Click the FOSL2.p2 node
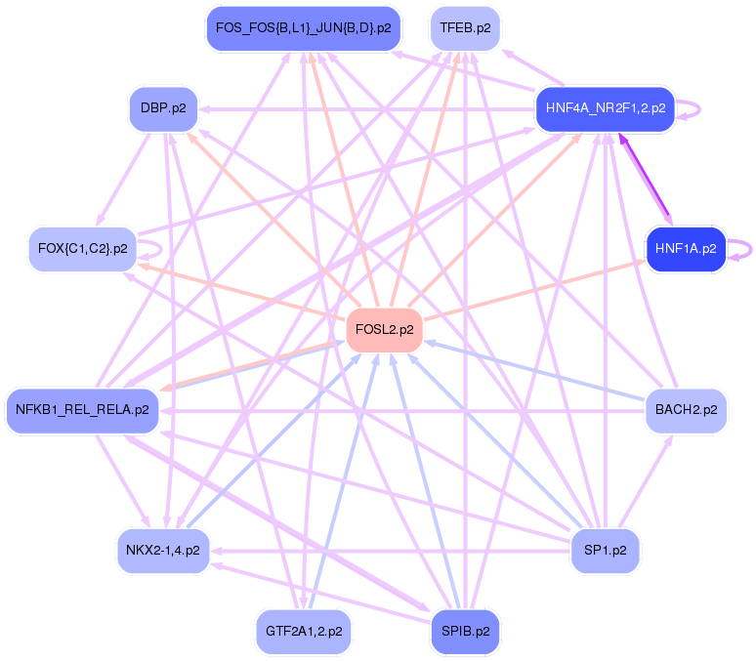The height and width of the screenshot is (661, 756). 385,330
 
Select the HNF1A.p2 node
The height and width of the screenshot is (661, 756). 686,249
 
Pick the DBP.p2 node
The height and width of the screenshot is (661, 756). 163,108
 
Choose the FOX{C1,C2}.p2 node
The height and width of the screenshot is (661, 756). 82,249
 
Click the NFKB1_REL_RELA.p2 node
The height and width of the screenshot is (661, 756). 82,410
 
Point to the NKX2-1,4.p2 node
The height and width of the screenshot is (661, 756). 163,551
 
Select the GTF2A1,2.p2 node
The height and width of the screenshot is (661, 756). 303,632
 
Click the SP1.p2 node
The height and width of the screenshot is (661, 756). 605,551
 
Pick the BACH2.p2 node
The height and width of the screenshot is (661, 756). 686,410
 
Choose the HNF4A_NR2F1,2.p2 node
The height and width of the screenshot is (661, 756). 605,108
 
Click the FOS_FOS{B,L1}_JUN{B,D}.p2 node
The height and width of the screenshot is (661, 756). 303,28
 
